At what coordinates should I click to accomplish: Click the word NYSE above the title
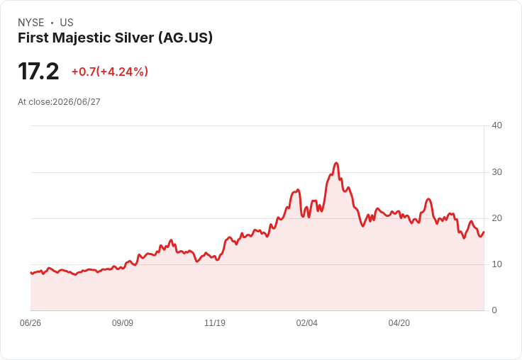31,23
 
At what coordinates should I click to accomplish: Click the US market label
67,23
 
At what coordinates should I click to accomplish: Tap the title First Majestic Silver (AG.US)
115,38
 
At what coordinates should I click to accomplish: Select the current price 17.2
38,71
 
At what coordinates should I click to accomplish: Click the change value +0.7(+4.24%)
110,72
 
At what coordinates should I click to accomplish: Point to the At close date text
59,102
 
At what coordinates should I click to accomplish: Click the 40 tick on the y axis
496,125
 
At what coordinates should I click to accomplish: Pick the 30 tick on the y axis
496,172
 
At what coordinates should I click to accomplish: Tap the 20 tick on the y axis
496,218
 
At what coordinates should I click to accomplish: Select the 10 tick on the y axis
496,264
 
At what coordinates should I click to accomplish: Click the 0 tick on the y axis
494,310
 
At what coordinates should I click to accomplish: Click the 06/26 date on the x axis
30,323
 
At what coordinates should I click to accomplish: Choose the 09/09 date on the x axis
123,323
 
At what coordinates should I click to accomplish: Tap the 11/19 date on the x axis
215,323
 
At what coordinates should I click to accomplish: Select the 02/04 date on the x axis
307,323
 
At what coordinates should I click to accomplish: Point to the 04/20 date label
399,323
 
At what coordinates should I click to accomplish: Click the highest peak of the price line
336,163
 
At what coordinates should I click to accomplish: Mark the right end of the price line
484,232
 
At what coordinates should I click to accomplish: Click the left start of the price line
30,273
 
